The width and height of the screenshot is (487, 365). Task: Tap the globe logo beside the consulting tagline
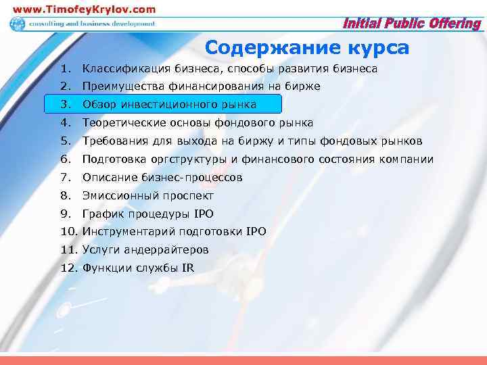click(x=16, y=24)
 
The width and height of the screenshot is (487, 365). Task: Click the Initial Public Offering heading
click(x=413, y=24)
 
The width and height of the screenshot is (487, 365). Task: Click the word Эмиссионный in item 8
click(x=118, y=196)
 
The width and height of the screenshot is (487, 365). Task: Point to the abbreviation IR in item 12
click(x=188, y=268)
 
